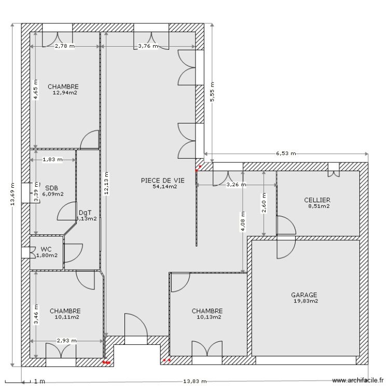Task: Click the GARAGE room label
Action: (304, 295)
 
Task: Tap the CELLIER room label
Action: (317, 200)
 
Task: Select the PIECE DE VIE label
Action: (162, 180)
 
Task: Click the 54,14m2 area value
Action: (165, 187)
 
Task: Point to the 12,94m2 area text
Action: (65, 93)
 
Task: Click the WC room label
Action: (46, 249)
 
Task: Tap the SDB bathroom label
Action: (51, 188)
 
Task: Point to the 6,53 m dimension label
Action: (286, 154)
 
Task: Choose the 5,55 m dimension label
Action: (211, 93)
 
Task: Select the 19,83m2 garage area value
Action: (305, 301)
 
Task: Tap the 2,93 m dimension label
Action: (67, 341)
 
